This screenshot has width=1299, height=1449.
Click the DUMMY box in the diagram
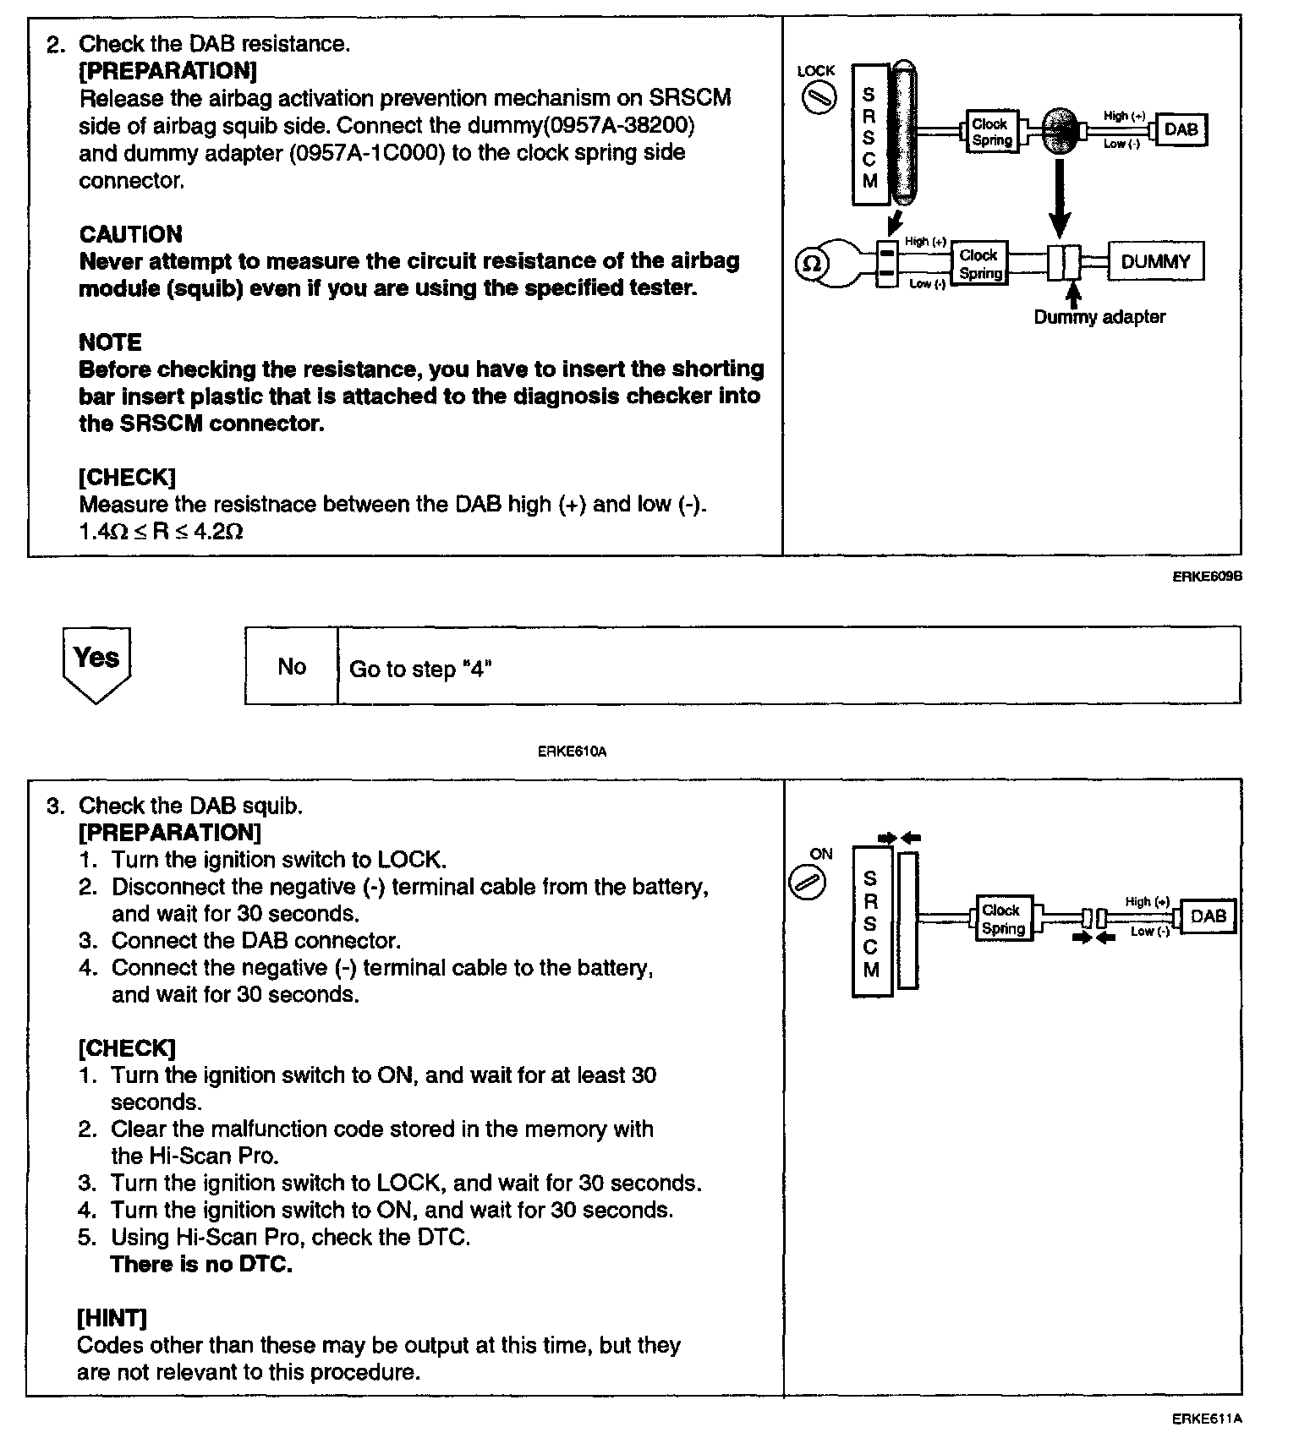[x=1154, y=262]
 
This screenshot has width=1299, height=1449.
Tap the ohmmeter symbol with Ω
[x=810, y=264]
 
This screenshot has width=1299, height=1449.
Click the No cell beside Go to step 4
[x=291, y=667]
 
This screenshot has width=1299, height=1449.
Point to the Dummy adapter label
[x=1099, y=318]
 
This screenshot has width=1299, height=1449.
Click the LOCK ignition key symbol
[x=817, y=98]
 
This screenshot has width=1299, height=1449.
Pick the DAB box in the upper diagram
[x=1181, y=130]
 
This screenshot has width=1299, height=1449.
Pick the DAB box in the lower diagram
[x=1208, y=916]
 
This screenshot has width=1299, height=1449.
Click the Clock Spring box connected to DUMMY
[x=980, y=265]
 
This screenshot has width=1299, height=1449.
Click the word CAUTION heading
[x=130, y=234]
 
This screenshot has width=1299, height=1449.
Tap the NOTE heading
[x=110, y=342]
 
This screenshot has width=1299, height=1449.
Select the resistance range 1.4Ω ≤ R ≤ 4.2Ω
[x=161, y=532]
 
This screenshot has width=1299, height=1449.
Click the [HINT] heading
[x=112, y=1318]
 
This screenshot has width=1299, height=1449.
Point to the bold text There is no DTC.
[x=201, y=1265]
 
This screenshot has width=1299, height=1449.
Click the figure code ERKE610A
[x=572, y=751]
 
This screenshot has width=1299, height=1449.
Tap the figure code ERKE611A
[x=1206, y=1419]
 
